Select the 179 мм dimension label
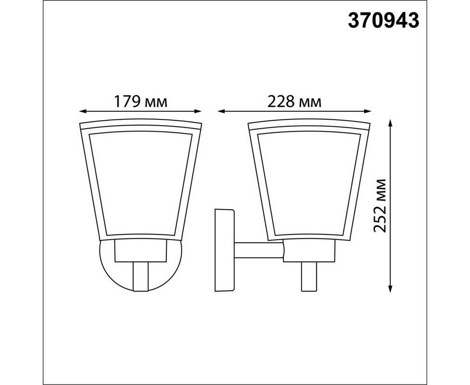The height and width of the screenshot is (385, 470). [141, 102]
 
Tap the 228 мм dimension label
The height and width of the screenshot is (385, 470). [294, 102]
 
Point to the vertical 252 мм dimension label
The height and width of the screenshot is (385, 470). [380, 205]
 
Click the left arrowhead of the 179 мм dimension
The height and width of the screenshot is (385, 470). [83, 111]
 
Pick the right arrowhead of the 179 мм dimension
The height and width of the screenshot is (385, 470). [198, 111]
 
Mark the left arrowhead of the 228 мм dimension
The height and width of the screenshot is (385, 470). [221, 111]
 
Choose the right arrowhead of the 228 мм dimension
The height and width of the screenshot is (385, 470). [368, 111]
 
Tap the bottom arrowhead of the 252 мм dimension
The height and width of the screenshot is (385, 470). [390, 288]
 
